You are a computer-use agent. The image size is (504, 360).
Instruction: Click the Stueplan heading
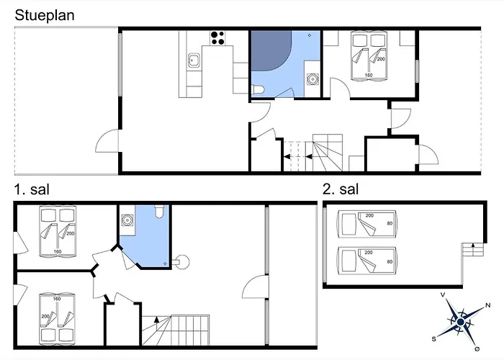click(45, 15)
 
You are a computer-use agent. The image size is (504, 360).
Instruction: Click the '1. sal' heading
click(32, 189)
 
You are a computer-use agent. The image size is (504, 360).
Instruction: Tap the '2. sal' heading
click(341, 189)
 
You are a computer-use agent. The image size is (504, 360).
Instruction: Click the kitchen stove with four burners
click(217, 38)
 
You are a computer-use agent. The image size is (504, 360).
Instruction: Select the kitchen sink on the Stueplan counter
click(194, 60)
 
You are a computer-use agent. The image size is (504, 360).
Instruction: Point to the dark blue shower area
click(271, 50)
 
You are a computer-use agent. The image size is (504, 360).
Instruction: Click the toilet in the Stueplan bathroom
click(258, 89)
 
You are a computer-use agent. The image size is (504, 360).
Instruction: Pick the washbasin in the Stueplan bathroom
click(312, 78)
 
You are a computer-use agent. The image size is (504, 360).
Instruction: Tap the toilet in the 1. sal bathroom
click(159, 211)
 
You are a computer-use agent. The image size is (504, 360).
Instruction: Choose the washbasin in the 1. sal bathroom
click(127, 220)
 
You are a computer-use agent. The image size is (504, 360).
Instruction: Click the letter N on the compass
click(487, 305)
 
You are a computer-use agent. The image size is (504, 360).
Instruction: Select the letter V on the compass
click(443, 294)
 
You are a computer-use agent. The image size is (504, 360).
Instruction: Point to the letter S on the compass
click(434, 339)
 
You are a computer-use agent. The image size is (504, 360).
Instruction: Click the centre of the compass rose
click(461, 322)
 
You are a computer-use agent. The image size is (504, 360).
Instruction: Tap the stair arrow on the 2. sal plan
click(473, 246)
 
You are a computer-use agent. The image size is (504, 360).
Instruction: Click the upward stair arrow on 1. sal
click(156, 319)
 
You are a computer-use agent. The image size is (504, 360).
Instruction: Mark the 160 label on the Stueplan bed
click(369, 75)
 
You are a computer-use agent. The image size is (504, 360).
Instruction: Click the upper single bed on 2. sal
click(366, 224)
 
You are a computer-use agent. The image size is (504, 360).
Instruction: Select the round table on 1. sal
click(182, 262)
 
